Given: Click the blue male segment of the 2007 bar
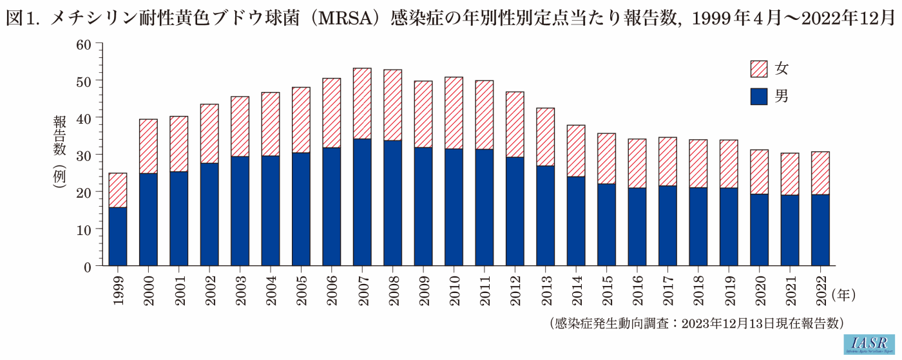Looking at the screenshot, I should tap(362, 202).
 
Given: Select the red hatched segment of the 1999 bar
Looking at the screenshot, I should tap(117, 190).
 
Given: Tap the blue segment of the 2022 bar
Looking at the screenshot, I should tap(820, 230).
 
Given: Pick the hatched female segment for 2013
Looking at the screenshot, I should tap(545, 137).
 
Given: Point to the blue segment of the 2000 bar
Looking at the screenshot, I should tap(148, 219).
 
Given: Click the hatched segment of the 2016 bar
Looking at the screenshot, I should tap(637, 164).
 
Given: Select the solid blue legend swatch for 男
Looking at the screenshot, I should tap(759, 97).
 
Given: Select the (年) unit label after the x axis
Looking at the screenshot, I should tap(843, 296).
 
